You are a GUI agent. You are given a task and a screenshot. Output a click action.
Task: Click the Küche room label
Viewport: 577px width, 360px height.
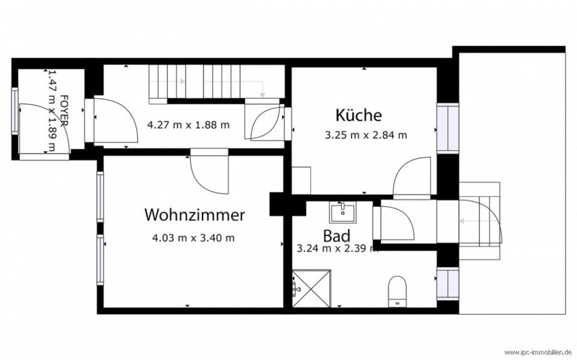pos(358,115)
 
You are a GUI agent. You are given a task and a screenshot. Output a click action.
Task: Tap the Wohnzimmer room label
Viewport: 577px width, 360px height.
pos(194,215)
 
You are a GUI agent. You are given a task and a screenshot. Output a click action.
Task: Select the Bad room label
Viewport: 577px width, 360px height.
pos(336,236)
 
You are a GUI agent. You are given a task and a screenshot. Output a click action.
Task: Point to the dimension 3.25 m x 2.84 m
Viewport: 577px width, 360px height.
pos(366,134)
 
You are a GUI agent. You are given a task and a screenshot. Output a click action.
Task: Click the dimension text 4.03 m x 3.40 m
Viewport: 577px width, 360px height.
pos(194,238)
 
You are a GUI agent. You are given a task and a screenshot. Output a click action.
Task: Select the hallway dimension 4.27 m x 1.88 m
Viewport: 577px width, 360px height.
pos(188,124)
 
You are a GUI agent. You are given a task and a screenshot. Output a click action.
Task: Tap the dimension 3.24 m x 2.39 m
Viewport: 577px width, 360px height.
pos(337,248)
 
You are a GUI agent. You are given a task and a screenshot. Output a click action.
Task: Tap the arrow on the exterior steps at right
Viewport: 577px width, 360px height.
pos(467,221)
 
